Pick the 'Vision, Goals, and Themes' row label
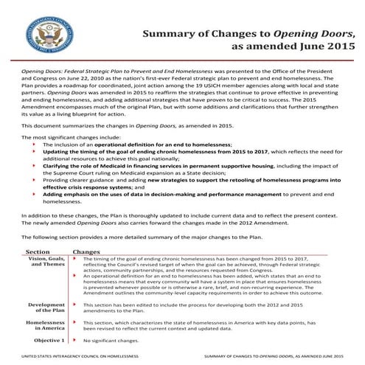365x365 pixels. (x=48, y=263)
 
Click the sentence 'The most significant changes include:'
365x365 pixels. (x=64, y=138)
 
